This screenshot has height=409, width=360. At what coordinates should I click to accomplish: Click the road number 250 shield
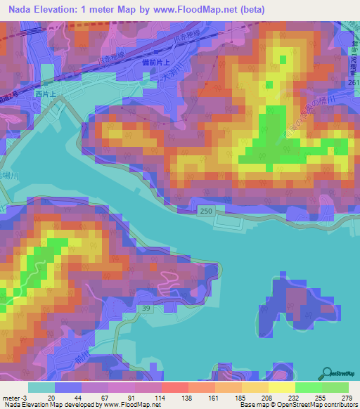(205, 212)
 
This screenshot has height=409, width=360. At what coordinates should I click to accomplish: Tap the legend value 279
(346, 398)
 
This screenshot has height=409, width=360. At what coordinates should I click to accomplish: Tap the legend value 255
(321, 398)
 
